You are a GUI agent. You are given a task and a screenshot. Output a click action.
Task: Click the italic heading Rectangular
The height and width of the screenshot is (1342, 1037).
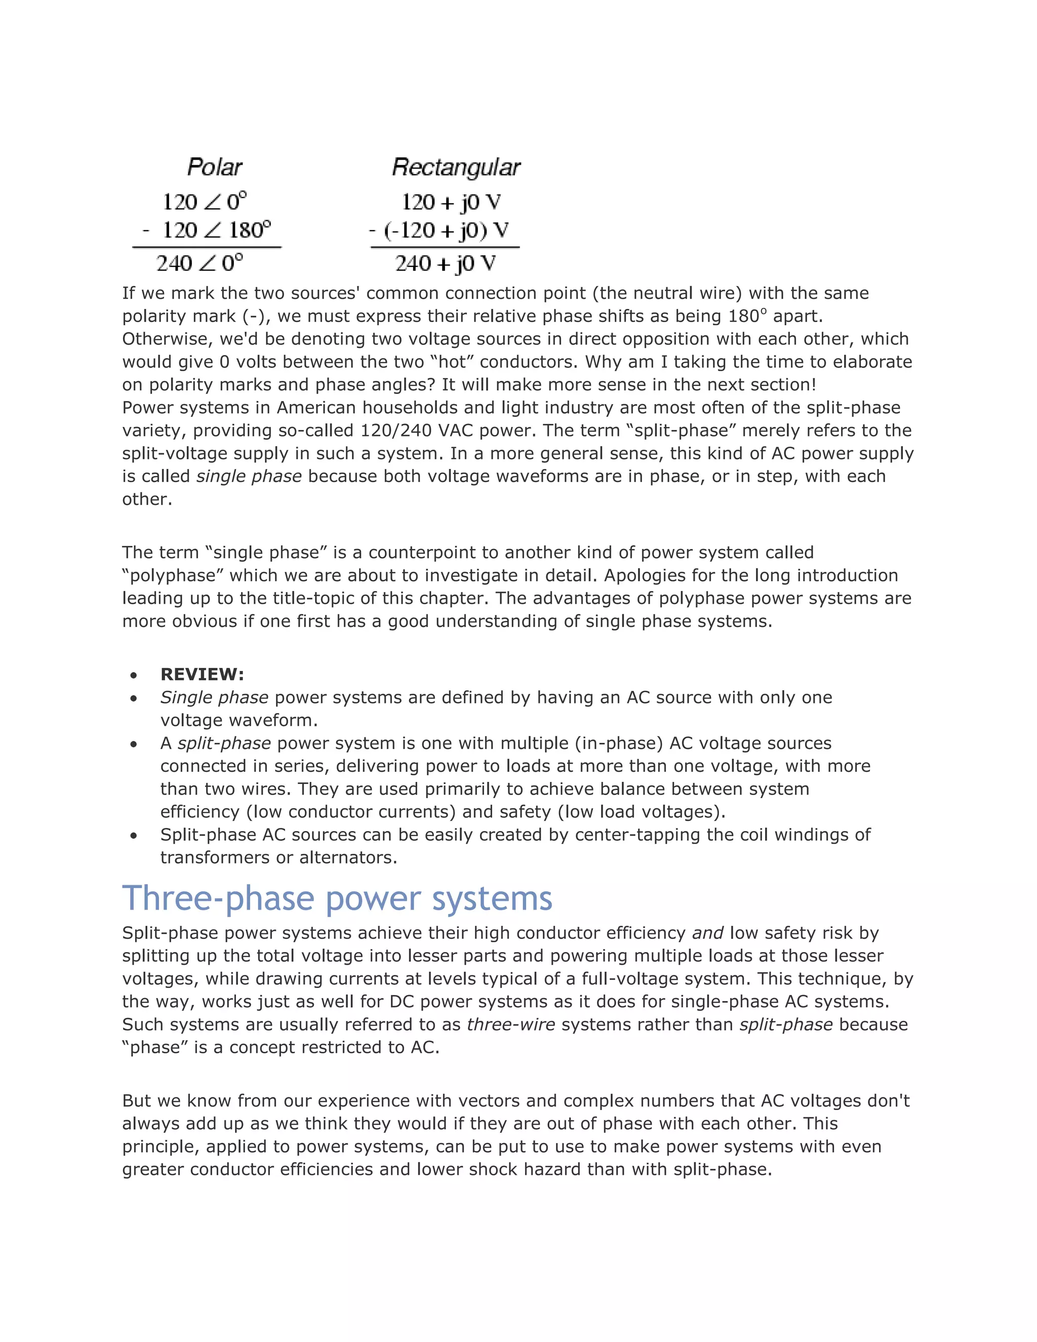coord(456,167)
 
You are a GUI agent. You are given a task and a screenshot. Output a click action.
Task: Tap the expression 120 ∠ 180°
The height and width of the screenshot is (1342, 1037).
coord(216,230)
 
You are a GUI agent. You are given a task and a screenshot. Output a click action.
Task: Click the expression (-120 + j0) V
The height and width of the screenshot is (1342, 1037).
coord(446,230)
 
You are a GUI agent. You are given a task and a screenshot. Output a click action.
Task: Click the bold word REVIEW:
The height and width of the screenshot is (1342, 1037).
coord(202,675)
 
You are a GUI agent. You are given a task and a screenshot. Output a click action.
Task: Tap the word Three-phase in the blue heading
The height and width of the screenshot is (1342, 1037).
coord(218,898)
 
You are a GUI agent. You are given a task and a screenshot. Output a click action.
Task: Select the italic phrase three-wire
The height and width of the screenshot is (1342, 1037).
coord(510,1024)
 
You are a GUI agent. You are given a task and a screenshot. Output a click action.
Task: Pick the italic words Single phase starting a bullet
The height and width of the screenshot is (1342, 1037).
coord(214,697)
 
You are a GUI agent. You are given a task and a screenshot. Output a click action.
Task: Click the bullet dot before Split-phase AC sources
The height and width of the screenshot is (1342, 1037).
coord(133,835)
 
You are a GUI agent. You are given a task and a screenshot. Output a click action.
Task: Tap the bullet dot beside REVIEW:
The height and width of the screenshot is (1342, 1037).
coord(133,675)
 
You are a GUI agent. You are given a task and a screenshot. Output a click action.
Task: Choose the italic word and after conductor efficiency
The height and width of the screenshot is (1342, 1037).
coord(708,933)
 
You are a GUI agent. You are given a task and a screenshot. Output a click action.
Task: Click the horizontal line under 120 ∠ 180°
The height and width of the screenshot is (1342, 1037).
coord(207,248)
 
